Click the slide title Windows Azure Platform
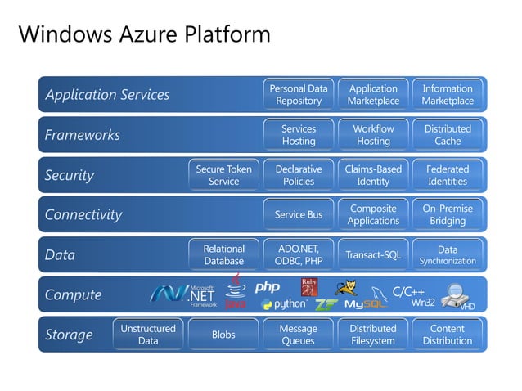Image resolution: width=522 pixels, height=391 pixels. coord(144,34)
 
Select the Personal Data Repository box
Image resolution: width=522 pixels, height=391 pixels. coord(299,95)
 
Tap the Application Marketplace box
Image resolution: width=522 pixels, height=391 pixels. coord(373,95)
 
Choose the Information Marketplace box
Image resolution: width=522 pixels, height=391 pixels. coord(448,95)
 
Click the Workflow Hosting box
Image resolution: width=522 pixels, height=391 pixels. coord(373,135)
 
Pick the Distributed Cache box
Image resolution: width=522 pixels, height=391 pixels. coord(448,135)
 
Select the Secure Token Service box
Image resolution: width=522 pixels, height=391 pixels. coord(224,175)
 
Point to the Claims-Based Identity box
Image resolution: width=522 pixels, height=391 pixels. coord(373,175)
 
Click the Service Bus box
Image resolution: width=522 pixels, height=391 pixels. coord(299,215)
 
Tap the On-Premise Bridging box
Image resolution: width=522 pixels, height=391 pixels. coord(448,215)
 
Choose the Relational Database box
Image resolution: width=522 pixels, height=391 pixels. coord(224,255)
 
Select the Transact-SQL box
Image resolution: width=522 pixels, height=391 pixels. coord(373,255)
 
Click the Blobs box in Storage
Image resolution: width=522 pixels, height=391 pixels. coord(224,335)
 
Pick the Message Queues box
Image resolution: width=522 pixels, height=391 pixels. coord(299,335)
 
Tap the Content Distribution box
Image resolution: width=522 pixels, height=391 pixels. coord(448,335)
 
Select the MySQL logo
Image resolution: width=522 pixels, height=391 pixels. coord(365,303)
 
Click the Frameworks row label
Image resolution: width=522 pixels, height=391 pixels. coord(83,135)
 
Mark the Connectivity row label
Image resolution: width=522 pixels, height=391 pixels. coord(83,215)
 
